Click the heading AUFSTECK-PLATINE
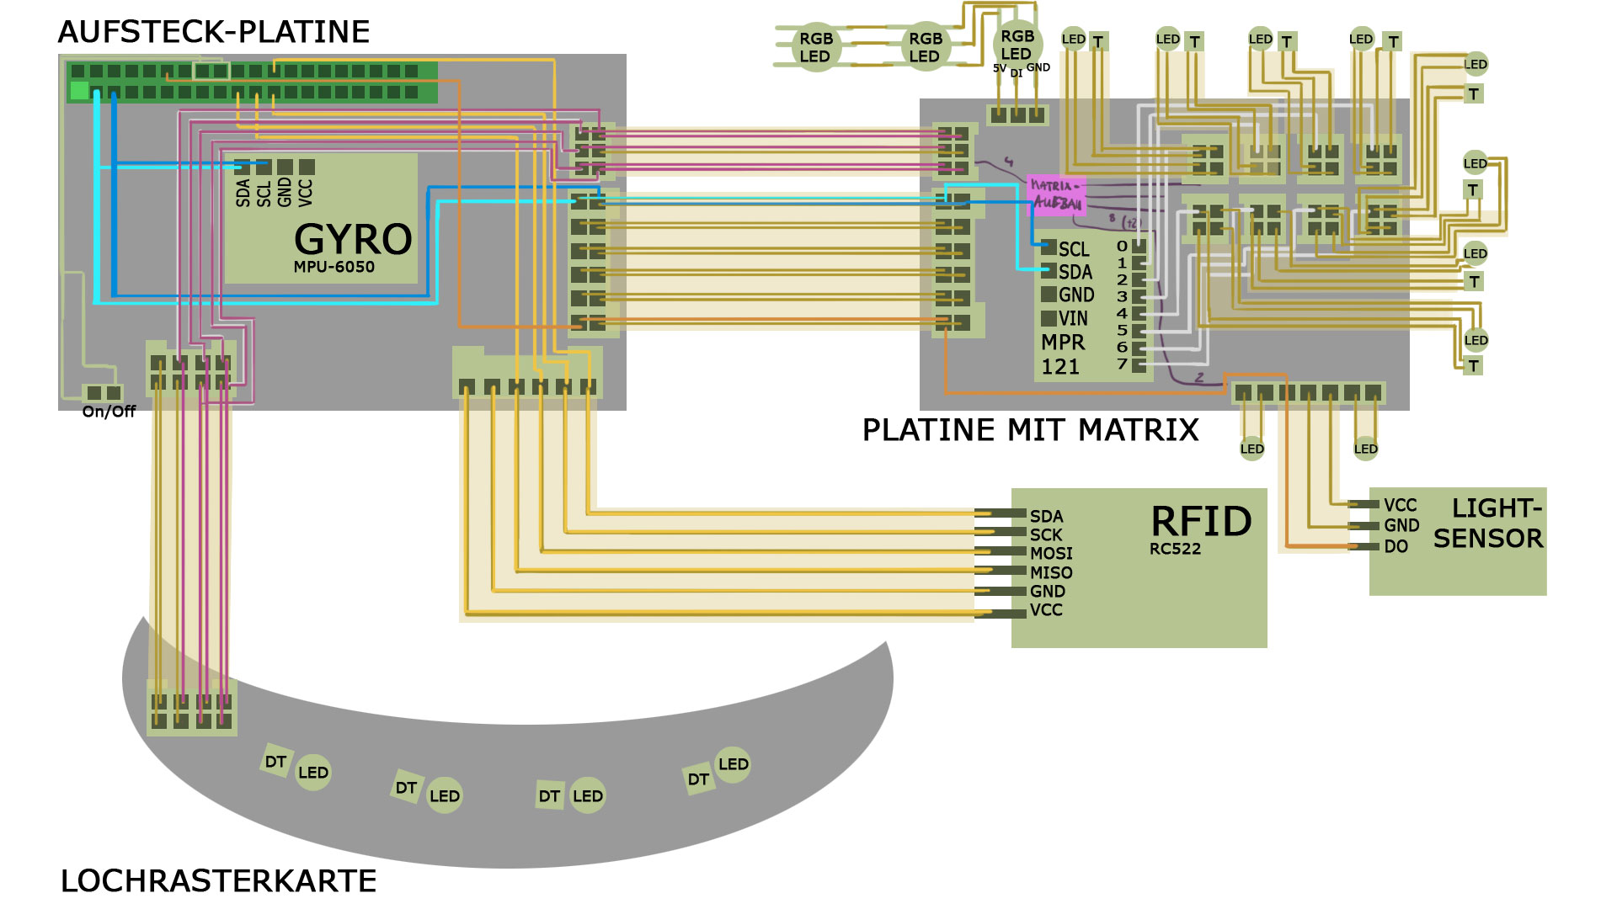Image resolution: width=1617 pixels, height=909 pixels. (x=214, y=32)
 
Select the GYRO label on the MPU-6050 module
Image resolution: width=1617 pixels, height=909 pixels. (x=353, y=239)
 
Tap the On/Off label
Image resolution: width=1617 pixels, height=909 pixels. (x=109, y=412)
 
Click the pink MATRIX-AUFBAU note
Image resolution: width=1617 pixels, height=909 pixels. (x=1056, y=195)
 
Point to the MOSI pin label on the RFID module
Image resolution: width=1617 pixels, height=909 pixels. (x=1051, y=553)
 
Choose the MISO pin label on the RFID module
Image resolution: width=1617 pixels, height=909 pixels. (x=1051, y=572)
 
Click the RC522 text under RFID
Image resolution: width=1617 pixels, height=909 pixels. (x=1175, y=549)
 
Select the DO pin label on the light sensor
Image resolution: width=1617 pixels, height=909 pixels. (x=1396, y=546)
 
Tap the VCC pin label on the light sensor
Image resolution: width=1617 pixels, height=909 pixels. (x=1400, y=505)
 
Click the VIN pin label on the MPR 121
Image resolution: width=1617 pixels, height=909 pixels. (x=1073, y=319)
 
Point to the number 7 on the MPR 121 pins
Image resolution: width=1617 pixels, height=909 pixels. (x=1122, y=364)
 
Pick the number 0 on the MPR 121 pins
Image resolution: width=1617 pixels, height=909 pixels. (x=1122, y=247)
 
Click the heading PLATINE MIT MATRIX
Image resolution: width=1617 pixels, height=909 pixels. (x=1030, y=430)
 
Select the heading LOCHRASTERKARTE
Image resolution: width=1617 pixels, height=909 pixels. (x=218, y=881)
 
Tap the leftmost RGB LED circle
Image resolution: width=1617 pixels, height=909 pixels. (x=815, y=47)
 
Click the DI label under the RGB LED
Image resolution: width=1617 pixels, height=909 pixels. (x=1017, y=73)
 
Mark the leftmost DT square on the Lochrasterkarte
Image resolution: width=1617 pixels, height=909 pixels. (x=275, y=762)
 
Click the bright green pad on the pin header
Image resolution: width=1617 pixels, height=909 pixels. (x=80, y=90)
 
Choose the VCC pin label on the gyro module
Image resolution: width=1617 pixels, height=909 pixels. (x=306, y=192)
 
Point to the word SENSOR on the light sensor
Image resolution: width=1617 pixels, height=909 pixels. (x=1488, y=539)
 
